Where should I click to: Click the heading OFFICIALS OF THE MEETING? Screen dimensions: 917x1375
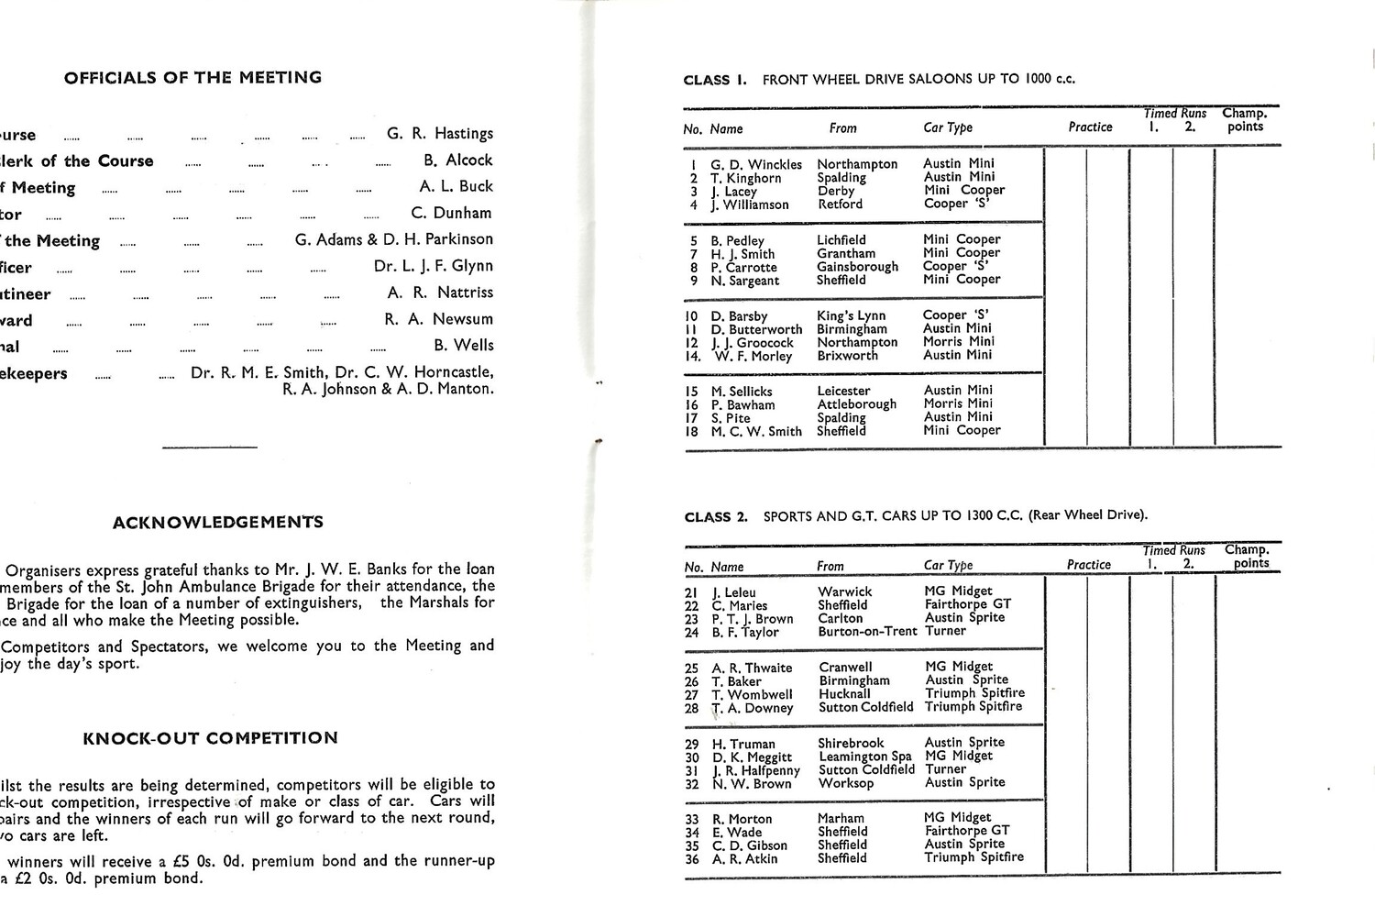(x=192, y=78)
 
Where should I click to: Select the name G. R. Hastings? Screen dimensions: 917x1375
(x=439, y=134)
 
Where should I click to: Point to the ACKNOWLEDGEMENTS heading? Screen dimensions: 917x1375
(x=218, y=523)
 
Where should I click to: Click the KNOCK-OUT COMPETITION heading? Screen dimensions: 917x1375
(x=210, y=738)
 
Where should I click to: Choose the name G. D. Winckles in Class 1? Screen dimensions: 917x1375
(x=755, y=165)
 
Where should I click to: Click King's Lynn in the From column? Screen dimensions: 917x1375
(x=851, y=315)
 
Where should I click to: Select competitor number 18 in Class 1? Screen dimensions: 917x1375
(x=691, y=431)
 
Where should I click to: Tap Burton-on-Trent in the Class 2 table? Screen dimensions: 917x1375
(x=867, y=632)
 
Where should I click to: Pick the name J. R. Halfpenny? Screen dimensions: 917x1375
(x=755, y=771)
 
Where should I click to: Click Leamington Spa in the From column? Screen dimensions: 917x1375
(x=864, y=757)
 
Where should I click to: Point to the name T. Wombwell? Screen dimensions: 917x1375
(x=752, y=695)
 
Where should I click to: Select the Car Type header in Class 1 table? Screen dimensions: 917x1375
(x=948, y=127)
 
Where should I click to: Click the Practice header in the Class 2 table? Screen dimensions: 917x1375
(x=1089, y=565)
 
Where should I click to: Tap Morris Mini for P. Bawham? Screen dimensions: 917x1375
(x=957, y=403)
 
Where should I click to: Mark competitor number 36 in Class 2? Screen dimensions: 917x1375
(x=692, y=859)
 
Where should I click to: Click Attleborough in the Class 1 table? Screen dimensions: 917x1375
(x=856, y=404)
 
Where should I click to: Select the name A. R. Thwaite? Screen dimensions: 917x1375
(x=752, y=668)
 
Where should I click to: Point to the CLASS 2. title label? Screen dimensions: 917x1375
(x=716, y=517)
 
